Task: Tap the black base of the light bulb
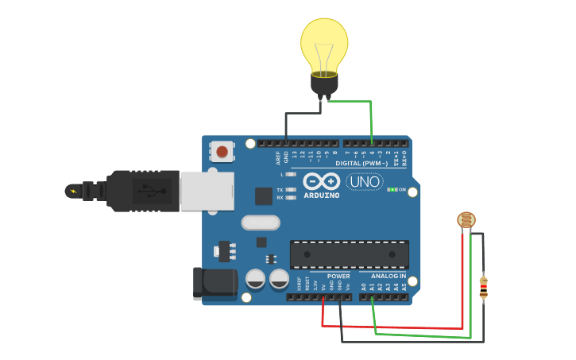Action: pos(324,83)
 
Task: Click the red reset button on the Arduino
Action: pos(222,151)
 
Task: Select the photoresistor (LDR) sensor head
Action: pos(466,220)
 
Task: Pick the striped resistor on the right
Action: pos(483,287)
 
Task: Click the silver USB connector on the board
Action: pos(207,192)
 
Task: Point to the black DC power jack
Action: pos(215,284)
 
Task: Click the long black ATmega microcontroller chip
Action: pos(349,254)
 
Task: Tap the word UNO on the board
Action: pos(364,182)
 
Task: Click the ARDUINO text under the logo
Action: pos(322,195)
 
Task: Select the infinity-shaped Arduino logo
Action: pos(321,182)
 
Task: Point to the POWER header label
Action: pos(338,277)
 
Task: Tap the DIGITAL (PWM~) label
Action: pos(361,163)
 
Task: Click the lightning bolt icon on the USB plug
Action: pos(74,191)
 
